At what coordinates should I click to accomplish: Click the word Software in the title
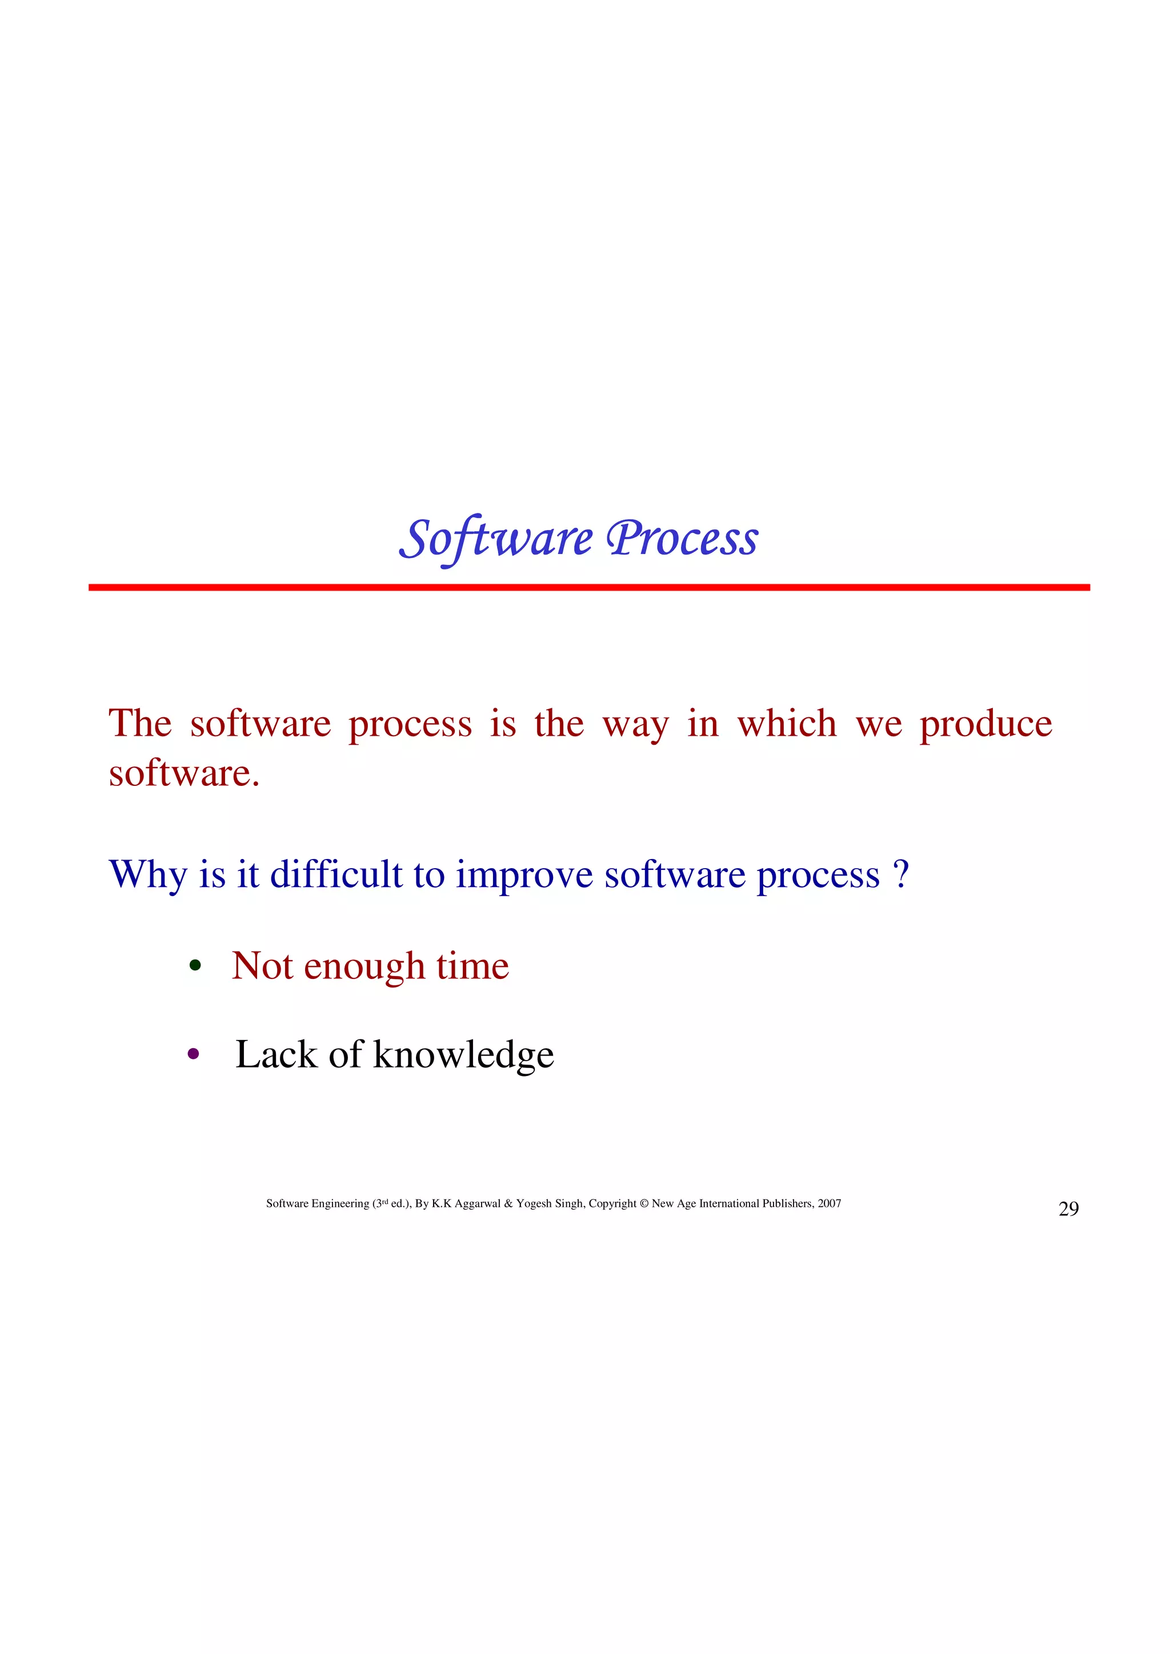click(x=496, y=539)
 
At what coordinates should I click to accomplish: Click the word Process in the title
click(x=682, y=539)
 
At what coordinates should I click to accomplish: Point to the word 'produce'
click(x=985, y=724)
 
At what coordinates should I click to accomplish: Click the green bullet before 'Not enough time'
click(x=194, y=965)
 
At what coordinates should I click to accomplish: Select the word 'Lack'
click(x=276, y=1055)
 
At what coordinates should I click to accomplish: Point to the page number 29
click(x=1068, y=1209)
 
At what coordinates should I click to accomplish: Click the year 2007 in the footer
click(x=830, y=1204)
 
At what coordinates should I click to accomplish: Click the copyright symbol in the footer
click(x=644, y=1204)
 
